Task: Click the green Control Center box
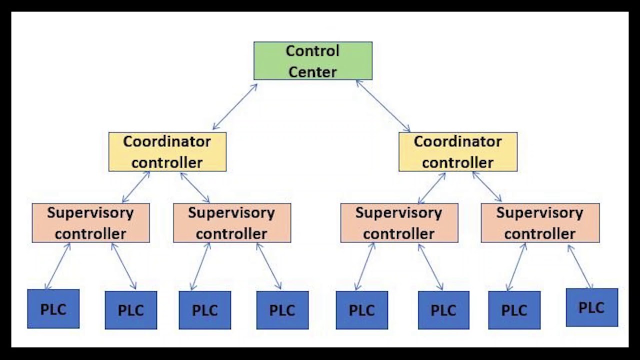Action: click(312, 61)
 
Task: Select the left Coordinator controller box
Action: click(167, 152)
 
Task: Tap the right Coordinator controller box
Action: click(457, 152)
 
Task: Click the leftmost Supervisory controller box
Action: click(90, 223)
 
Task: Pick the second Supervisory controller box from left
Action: click(231, 223)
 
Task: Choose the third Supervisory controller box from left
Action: click(399, 223)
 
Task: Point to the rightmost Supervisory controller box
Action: click(540, 223)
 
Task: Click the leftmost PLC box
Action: click(53, 309)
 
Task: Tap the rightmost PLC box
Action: click(591, 307)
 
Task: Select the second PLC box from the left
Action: click(130, 310)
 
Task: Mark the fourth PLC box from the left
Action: click(282, 310)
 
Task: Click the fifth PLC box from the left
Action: click(361, 310)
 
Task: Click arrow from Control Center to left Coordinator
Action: click(234, 107)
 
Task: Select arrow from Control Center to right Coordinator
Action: click(383, 106)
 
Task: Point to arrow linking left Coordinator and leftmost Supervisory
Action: click(136, 187)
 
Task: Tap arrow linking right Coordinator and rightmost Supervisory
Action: click(486, 186)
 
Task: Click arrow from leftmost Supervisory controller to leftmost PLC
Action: click(57, 266)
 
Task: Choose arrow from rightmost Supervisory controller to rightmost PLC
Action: click(580, 266)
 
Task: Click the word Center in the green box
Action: click(312, 72)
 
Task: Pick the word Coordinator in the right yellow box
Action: click(457, 141)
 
